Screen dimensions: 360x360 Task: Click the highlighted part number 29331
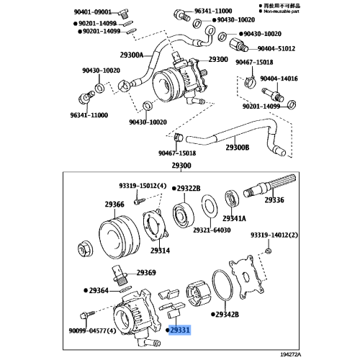[x=181, y=329]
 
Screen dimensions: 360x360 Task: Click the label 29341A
[x=234, y=218]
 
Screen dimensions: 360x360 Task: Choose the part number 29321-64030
[x=212, y=230]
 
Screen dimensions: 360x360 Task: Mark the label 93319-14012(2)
[x=274, y=235]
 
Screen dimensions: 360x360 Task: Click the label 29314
[x=160, y=250]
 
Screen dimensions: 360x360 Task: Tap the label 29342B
[x=227, y=315]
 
